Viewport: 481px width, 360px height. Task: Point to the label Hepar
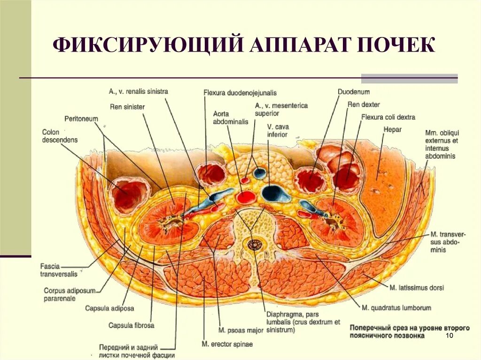click(392, 130)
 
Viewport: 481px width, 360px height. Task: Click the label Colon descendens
click(60, 136)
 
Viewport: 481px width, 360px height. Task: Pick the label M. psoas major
click(241, 330)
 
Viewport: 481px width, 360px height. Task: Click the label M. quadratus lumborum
click(396, 308)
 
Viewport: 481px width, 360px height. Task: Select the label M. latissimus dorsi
click(417, 287)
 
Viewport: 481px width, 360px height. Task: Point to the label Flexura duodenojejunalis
click(240, 92)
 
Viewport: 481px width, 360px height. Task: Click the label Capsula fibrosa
click(131, 325)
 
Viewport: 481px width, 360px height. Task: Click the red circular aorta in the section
click(246, 197)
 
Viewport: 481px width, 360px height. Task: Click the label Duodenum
click(354, 92)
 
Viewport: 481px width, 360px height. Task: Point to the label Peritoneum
click(81, 119)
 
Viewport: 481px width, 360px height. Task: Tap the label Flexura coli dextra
click(388, 117)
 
